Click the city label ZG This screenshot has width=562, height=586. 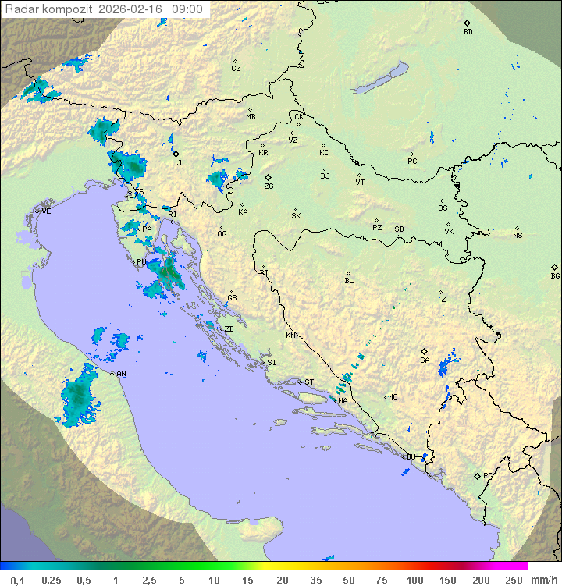pyautogui.click(x=269, y=186)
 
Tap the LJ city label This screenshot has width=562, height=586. pyautogui.click(x=176, y=162)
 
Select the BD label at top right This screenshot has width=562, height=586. pyautogui.click(x=468, y=32)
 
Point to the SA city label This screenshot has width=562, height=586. pyautogui.click(x=425, y=360)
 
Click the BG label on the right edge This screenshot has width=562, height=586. pyautogui.click(x=555, y=275)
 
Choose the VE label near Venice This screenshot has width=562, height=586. pyautogui.click(x=46, y=211)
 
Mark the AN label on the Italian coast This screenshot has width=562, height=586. pyautogui.click(x=121, y=374)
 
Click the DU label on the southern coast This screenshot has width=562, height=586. pyautogui.click(x=411, y=457)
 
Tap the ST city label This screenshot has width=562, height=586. pyautogui.click(x=309, y=382)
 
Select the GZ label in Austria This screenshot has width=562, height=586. pyautogui.click(x=236, y=68)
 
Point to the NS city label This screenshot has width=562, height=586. pyautogui.click(x=518, y=236)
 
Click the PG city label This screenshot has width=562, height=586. pyautogui.click(x=488, y=475)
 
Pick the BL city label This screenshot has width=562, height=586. pyautogui.click(x=349, y=280)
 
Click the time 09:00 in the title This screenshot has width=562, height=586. pyautogui.click(x=187, y=9)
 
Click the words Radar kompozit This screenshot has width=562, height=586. pyautogui.click(x=49, y=9)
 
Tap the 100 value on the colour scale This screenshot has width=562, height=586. pyautogui.click(x=414, y=580)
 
